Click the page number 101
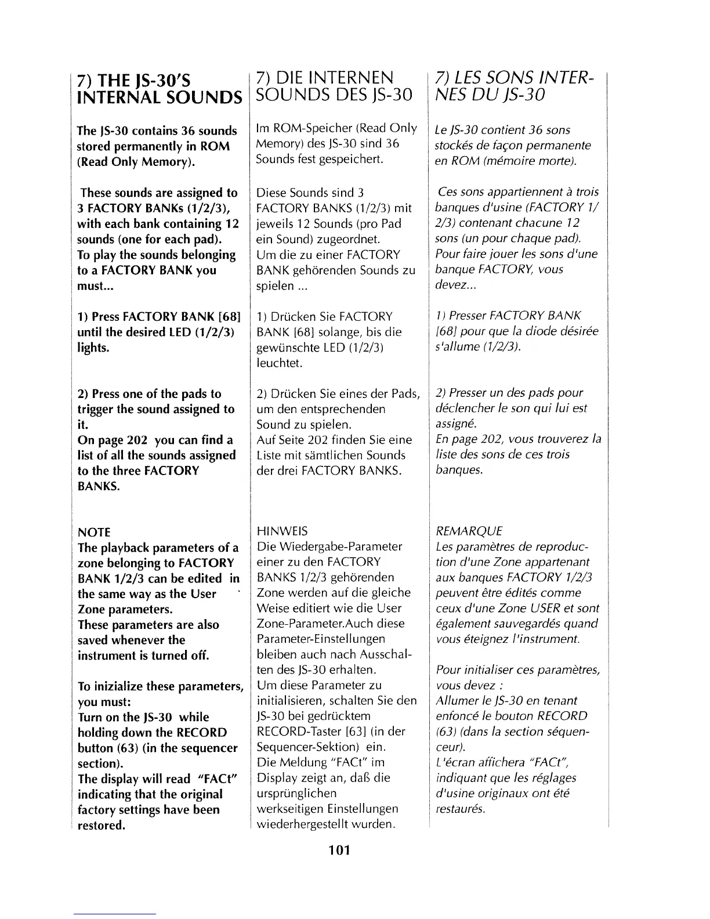click(338, 851)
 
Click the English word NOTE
click(94, 532)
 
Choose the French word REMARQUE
click(469, 531)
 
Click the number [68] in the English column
click(228, 317)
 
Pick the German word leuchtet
click(280, 363)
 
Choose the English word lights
click(93, 348)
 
